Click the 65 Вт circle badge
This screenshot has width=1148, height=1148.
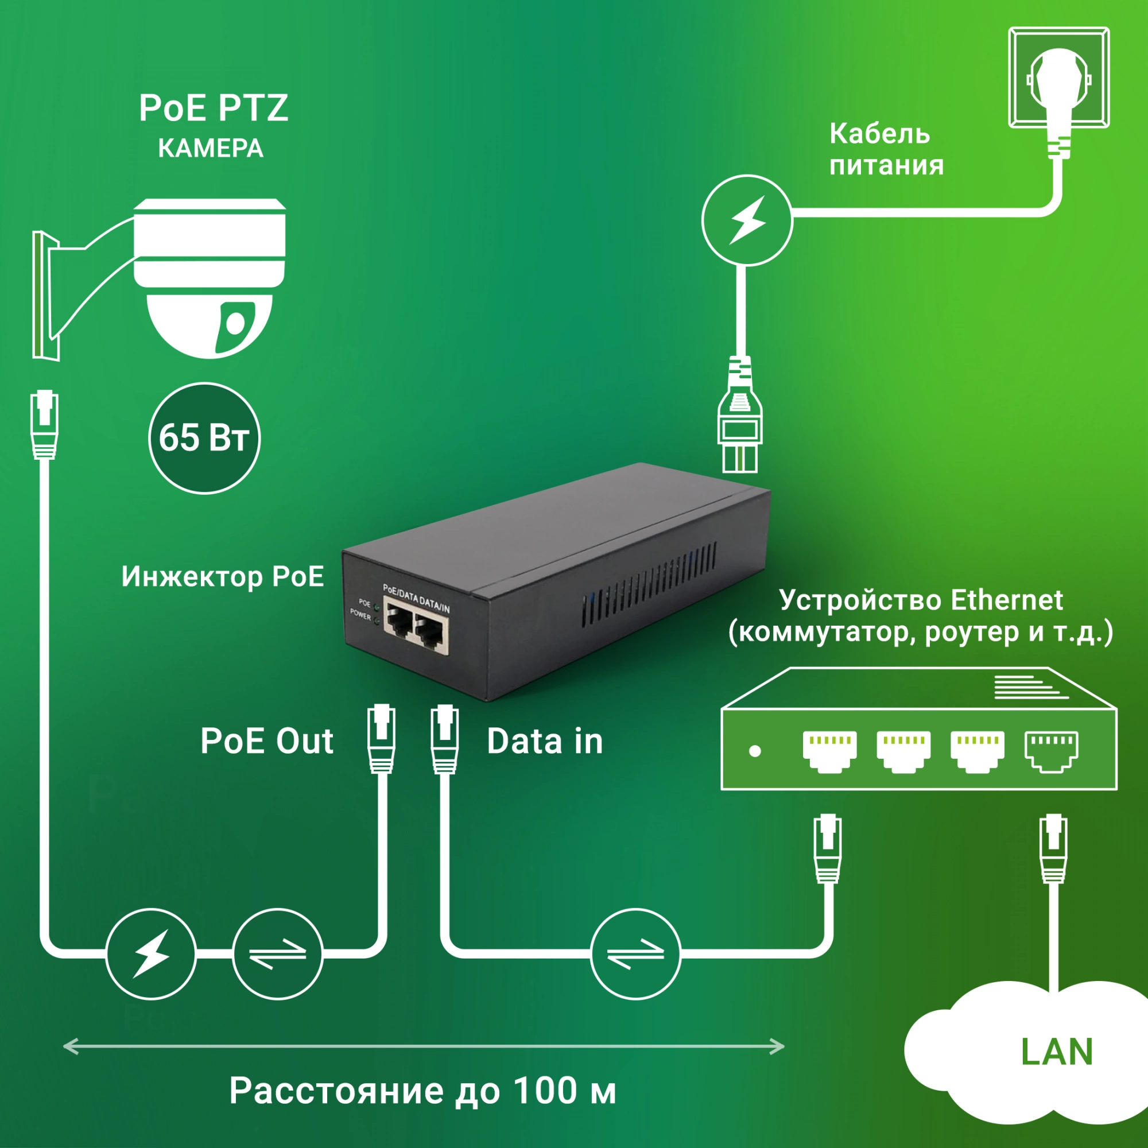[x=204, y=438]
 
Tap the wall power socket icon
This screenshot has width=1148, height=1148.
[x=1059, y=77]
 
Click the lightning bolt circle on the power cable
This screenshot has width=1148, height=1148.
[x=747, y=220]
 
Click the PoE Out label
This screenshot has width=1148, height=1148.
[x=267, y=741]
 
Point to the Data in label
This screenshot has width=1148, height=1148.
[x=545, y=741]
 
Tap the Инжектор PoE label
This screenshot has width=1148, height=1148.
[x=223, y=576]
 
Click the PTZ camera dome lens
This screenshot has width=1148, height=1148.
[x=236, y=323]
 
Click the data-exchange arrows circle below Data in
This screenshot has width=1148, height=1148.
[x=635, y=953]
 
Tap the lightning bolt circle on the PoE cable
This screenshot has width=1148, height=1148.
[x=151, y=953]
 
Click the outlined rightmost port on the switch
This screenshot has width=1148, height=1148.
[x=1051, y=750]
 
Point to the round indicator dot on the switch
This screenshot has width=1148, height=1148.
[x=755, y=751]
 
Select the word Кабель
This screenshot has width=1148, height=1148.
[x=879, y=134]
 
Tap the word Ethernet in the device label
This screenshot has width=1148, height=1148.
[x=1007, y=600]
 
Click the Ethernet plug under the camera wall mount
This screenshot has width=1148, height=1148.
[x=45, y=424]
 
